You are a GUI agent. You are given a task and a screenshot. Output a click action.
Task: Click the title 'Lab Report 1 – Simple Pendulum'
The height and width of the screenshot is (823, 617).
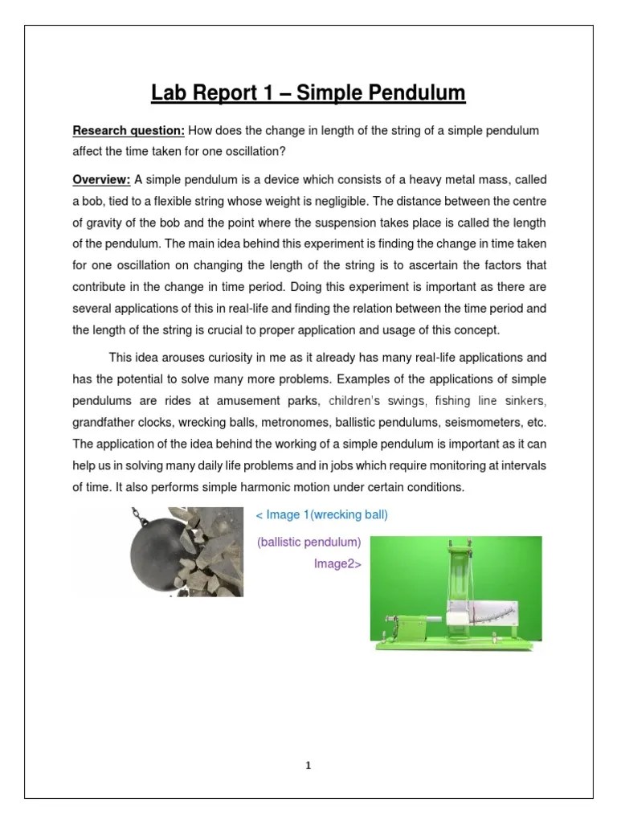click(308, 94)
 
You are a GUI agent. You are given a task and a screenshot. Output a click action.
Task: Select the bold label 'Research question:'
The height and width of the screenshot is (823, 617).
click(129, 130)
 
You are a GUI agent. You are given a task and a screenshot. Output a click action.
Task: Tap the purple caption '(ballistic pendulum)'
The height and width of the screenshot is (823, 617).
click(309, 543)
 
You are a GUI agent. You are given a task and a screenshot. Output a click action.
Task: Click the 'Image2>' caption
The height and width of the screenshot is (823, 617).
click(337, 563)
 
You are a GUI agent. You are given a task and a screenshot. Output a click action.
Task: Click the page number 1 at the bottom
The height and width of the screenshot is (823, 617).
click(308, 766)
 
